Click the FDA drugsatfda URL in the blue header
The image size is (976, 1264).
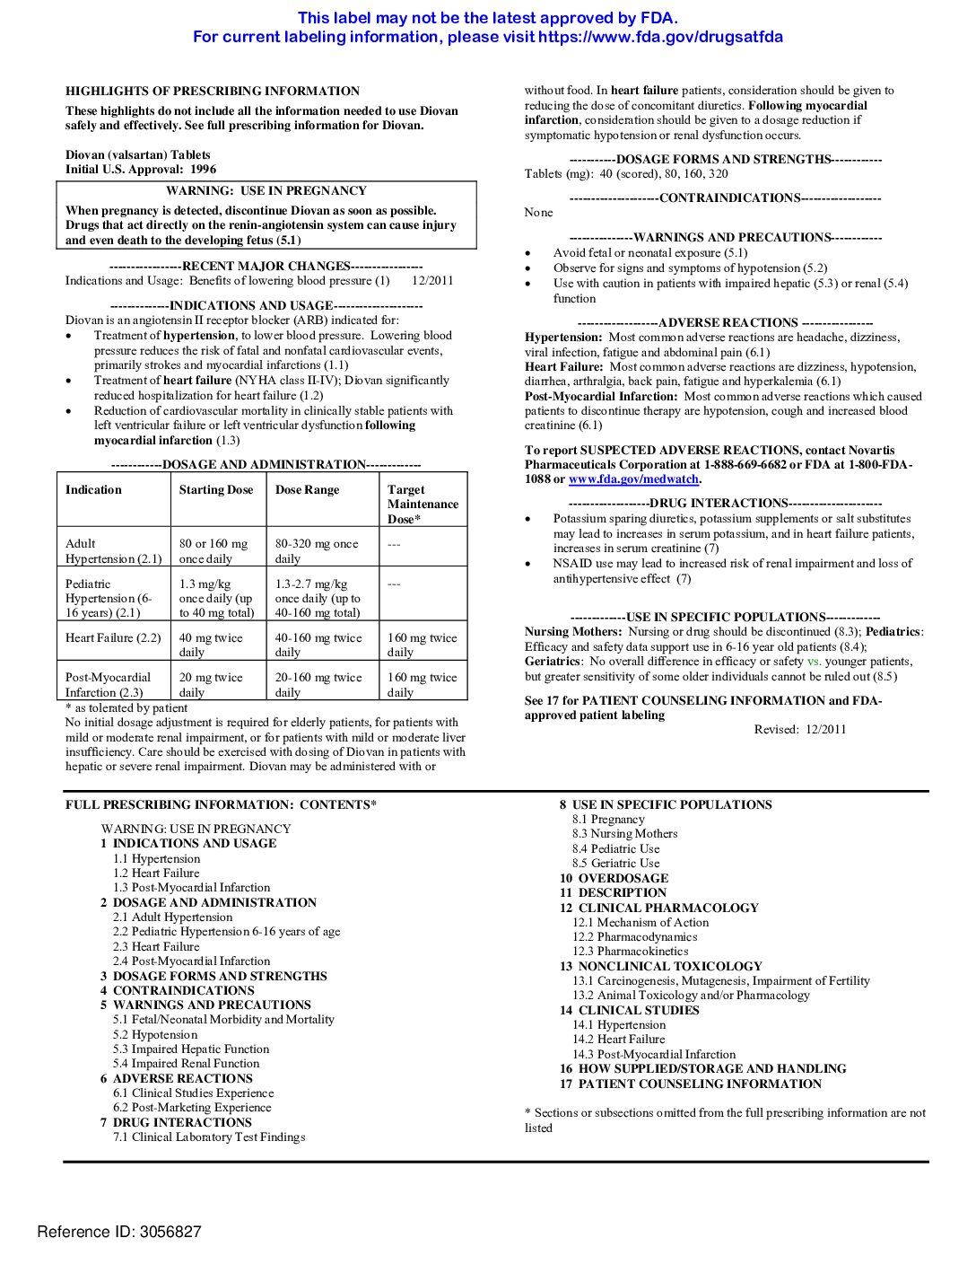(x=660, y=37)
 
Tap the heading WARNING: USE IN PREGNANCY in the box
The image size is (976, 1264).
(x=266, y=190)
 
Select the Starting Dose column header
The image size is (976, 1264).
(x=216, y=490)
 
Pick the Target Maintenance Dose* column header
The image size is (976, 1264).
(x=423, y=504)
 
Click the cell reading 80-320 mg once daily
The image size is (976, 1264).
(x=317, y=551)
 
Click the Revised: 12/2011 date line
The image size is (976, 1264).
(x=799, y=730)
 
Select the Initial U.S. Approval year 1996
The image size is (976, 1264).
(x=203, y=169)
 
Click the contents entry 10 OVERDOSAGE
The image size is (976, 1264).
(x=614, y=878)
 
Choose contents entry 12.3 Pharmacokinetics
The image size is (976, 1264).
(x=630, y=952)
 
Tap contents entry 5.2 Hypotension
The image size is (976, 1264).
(x=154, y=1034)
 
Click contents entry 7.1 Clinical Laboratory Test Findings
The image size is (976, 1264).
(x=208, y=1137)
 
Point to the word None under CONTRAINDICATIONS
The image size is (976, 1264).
(x=538, y=213)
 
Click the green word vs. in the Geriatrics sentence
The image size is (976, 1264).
(x=814, y=662)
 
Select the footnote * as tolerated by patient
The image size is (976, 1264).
(x=126, y=708)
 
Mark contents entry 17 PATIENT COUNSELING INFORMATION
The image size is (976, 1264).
(x=691, y=1084)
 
